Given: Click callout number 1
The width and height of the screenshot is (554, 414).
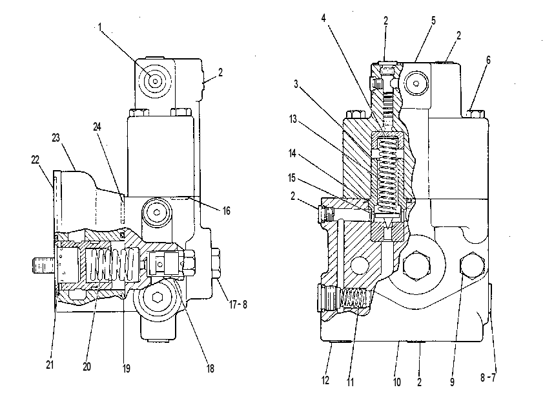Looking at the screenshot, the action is (x=100, y=27).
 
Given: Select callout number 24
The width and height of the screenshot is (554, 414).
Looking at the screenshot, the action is (x=97, y=127).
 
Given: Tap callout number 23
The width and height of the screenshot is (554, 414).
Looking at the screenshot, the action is (x=56, y=138).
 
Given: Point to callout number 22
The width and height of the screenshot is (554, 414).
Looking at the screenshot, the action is (x=35, y=160).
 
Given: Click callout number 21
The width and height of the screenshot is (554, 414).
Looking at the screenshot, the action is (x=50, y=364).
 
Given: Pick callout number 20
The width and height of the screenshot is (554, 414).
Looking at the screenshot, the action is (x=87, y=367).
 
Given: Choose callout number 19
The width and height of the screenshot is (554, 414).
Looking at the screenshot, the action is (x=127, y=369).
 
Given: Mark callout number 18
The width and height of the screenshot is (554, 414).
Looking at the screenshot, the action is (x=210, y=369).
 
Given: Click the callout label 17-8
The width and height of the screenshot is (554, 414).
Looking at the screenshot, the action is (x=238, y=304).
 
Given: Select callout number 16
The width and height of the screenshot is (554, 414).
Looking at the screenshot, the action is (x=227, y=211).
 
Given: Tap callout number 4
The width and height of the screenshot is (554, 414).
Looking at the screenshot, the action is (x=323, y=18).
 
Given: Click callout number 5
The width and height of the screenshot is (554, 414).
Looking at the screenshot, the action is (x=433, y=21).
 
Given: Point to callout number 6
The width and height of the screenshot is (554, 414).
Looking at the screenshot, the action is (x=488, y=60).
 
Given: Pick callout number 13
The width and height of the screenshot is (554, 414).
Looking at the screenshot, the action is (x=293, y=119).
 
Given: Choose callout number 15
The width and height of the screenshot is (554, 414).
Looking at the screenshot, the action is (x=292, y=178).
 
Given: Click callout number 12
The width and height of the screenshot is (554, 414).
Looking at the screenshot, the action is (x=325, y=380).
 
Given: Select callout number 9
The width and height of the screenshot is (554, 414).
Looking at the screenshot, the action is (x=452, y=382).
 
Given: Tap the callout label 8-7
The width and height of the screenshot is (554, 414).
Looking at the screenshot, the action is (x=488, y=378).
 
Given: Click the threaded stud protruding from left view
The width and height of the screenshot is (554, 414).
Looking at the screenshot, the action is (x=43, y=266).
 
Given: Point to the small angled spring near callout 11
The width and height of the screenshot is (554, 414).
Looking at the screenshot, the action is (x=353, y=298).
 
